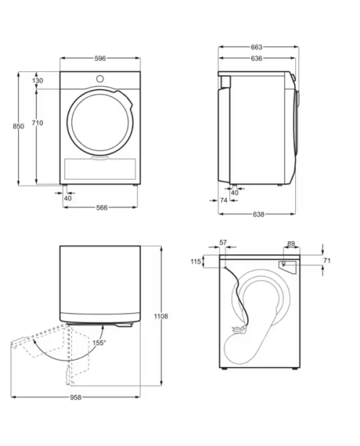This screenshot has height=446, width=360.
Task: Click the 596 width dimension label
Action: pyautogui.click(x=100, y=58)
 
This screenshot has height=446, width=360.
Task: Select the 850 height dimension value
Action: pyautogui.click(x=18, y=126)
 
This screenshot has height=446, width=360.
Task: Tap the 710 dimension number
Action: pyautogui.click(x=37, y=123)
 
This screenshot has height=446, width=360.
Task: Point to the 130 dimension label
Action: pyautogui.click(x=37, y=81)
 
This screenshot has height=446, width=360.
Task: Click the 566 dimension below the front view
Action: pyautogui.click(x=102, y=208)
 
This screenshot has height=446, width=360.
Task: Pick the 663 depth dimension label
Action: pyautogui.click(x=256, y=47)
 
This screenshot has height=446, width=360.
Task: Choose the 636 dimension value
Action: pyautogui.click(x=256, y=58)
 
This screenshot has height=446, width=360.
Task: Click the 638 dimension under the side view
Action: pyautogui.click(x=258, y=214)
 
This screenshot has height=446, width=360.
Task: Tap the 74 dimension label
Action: pyautogui.click(x=224, y=200)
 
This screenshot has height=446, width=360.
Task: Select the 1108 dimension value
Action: pyautogui.click(x=161, y=316)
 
